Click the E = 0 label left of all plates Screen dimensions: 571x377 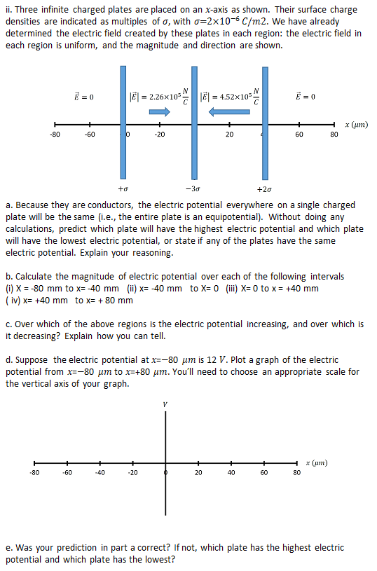[85, 96]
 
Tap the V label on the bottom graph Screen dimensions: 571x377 [165, 404]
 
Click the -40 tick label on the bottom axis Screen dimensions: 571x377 [100, 474]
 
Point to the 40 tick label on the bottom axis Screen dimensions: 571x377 [231, 474]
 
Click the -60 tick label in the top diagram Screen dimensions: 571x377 [90, 135]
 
